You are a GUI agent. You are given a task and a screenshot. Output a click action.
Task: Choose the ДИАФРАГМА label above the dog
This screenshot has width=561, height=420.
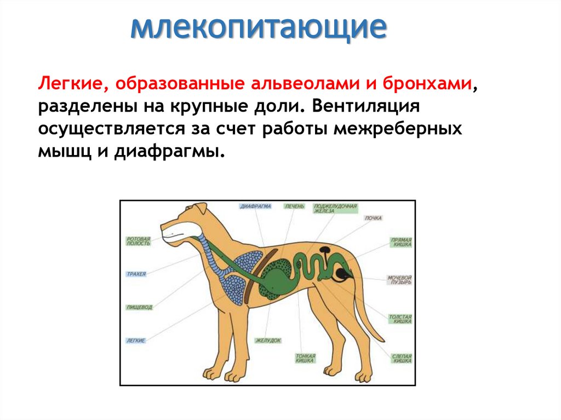click(255, 207)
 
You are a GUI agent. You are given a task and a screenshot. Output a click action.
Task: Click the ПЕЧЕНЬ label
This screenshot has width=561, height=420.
click(294, 207)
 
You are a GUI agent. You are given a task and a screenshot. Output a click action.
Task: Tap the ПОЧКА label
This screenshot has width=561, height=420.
click(373, 218)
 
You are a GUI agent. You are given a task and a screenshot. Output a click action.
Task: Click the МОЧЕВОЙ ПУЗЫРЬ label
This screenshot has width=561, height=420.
click(399, 280)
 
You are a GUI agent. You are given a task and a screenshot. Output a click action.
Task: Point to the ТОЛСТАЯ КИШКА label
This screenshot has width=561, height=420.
click(400, 319)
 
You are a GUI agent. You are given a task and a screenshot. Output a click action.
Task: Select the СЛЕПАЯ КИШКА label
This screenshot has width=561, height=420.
click(401, 359)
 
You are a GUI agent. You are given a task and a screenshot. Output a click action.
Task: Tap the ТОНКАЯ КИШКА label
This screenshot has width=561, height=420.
click(305, 359)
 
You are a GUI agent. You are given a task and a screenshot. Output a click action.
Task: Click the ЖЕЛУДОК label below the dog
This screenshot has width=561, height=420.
click(268, 341)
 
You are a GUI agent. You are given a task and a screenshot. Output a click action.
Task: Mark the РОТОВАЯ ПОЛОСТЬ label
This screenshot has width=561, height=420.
click(138, 240)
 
